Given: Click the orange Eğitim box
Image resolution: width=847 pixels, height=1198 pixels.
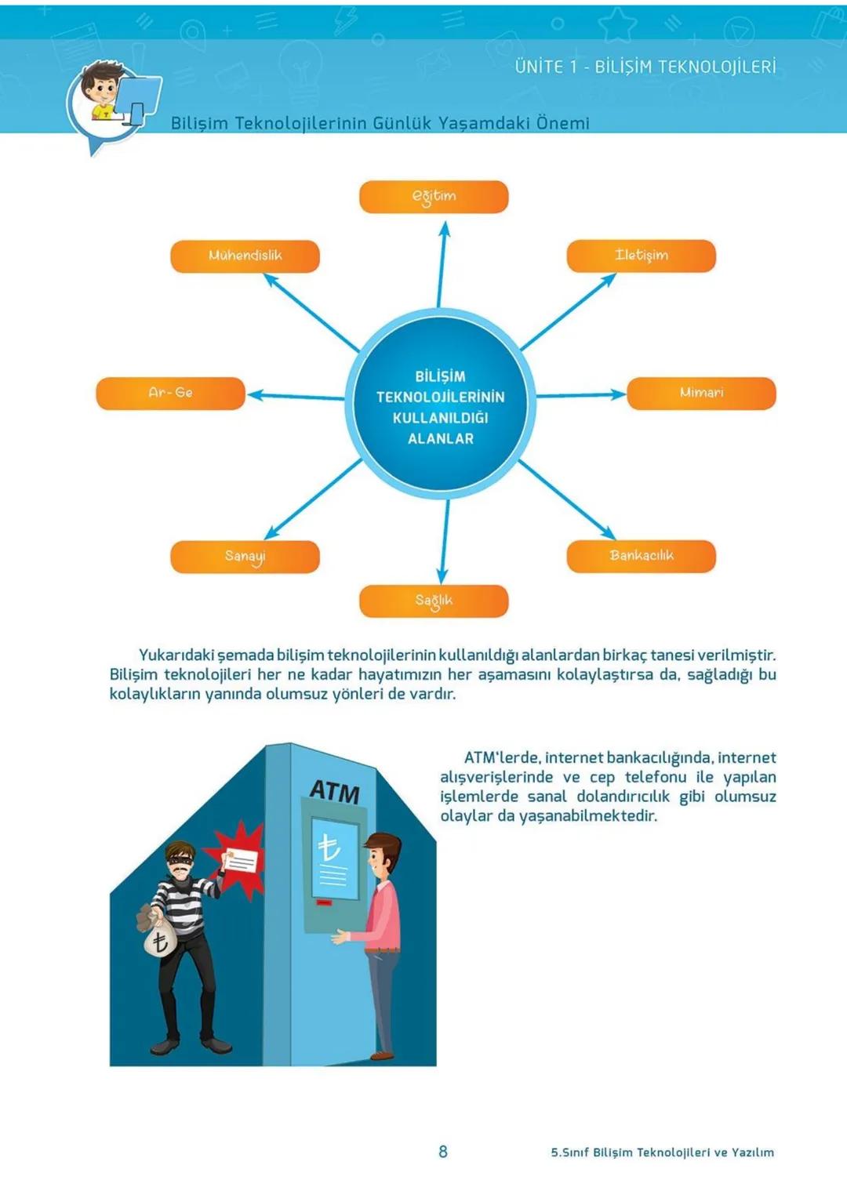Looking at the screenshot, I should (x=434, y=197).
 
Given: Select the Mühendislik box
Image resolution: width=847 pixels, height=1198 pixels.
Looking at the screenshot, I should (x=245, y=256).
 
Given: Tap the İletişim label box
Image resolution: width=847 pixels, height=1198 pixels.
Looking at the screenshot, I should (x=641, y=256).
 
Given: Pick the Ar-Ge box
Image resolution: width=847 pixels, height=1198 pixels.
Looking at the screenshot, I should (x=170, y=394).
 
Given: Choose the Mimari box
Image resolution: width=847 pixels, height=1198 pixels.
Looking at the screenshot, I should (x=701, y=394).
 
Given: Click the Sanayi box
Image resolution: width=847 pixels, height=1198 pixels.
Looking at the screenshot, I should (x=245, y=557).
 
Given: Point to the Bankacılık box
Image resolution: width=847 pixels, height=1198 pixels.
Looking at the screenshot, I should (x=641, y=557).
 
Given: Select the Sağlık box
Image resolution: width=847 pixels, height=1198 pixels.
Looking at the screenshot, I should (x=434, y=601).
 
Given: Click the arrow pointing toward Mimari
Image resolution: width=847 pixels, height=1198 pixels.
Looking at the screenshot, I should (x=580, y=395).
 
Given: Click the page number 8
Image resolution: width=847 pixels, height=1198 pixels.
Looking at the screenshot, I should (x=443, y=1151).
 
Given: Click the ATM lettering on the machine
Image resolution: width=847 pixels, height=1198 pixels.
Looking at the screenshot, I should (x=335, y=791).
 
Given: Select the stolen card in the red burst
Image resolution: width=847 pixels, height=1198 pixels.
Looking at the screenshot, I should (x=240, y=862).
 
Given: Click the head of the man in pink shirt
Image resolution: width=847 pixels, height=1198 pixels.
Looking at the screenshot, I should (x=383, y=855).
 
